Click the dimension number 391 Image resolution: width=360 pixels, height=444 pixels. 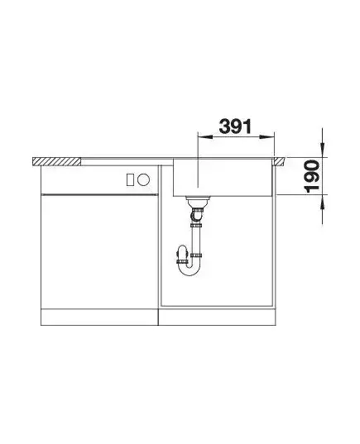coord(235,127)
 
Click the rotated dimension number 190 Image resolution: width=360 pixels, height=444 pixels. coord(312,176)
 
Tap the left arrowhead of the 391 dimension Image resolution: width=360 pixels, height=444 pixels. coord(205,137)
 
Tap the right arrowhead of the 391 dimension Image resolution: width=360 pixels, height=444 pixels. coord(267,137)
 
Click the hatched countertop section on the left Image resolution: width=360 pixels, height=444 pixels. coord(57,162)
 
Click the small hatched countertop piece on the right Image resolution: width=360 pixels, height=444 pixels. coord(279,161)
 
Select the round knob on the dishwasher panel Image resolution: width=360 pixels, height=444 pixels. coord(143,179)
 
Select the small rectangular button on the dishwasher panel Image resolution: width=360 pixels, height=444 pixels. coord(130,179)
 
